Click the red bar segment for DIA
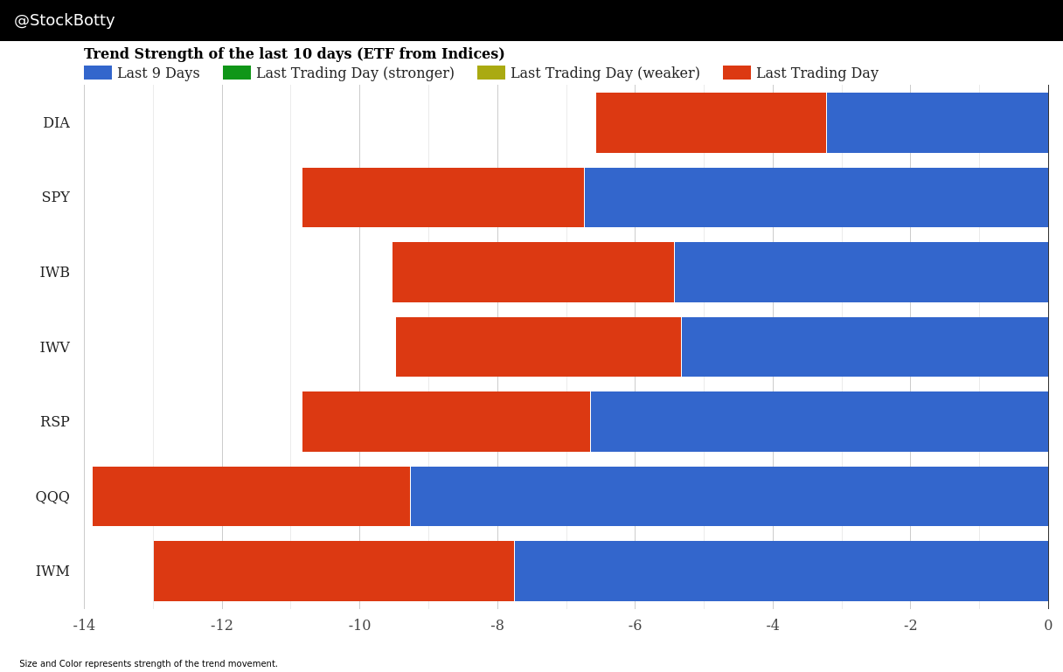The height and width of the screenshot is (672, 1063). pyautogui.click(x=711, y=122)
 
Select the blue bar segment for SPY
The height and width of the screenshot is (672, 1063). pyautogui.click(x=816, y=197)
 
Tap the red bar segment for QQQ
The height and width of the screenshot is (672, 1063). pyautogui.click(x=251, y=496)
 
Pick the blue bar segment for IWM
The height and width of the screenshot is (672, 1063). pyautogui.click(x=781, y=571)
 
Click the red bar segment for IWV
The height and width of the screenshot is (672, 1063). pyautogui.click(x=538, y=347)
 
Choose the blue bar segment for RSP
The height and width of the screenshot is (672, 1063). pyautogui.click(x=819, y=421)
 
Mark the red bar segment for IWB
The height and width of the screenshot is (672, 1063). pyautogui.click(x=532, y=272)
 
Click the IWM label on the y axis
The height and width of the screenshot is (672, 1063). pyautogui.click(x=52, y=572)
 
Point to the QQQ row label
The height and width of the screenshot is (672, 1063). pyautogui.click(x=52, y=497)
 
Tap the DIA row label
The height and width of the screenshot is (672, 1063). pyautogui.click(x=56, y=123)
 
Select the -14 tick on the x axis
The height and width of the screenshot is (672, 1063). pyautogui.click(x=84, y=626)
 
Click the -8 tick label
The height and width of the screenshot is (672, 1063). pyautogui.click(x=497, y=626)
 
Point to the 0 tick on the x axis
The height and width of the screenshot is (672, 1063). pyautogui.click(x=1048, y=626)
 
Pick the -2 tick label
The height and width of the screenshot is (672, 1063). pyautogui.click(x=910, y=626)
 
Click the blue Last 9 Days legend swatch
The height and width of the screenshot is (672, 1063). pyautogui.click(x=98, y=73)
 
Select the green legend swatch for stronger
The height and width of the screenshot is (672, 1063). pyautogui.click(x=237, y=73)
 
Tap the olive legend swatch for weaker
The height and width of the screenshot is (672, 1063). pyautogui.click(x=491, y=73)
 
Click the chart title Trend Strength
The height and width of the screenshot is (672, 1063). pyautogui.click(x=294, y=54)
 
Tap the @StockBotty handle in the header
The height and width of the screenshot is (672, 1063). pyautogui.click(x=65, y=21)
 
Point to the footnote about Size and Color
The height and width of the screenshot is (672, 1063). pyautogui.click(x=149, y=664)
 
